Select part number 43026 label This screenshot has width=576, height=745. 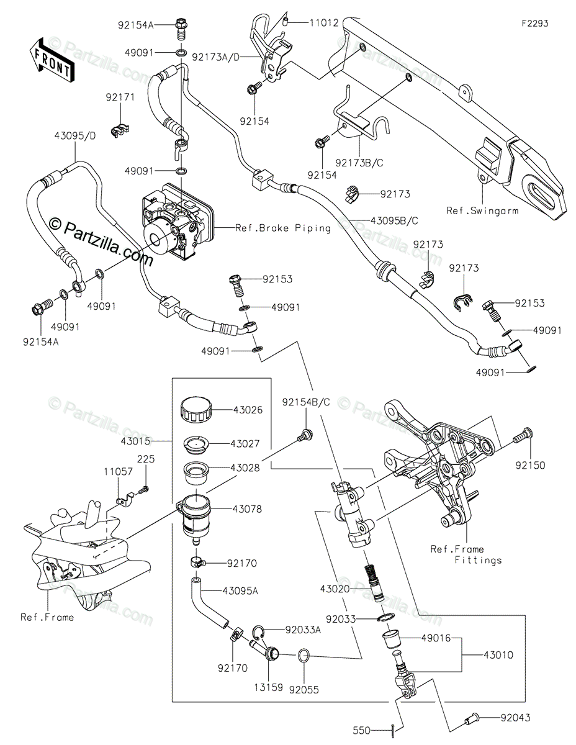(x=247, y=410)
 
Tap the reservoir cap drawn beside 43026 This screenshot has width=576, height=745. (x=195, y=410)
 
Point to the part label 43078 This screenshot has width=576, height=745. (x=247, y=509)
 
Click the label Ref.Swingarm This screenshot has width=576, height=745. (x=482, y=210)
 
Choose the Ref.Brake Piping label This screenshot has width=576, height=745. (x=282, y=228)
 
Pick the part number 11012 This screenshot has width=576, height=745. (x=323, y=24)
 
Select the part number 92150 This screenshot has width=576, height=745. (x=530, y=465)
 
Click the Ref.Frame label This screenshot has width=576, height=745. (x=47, y=617)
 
